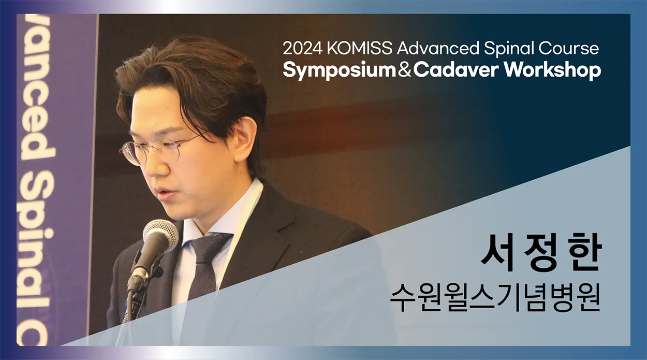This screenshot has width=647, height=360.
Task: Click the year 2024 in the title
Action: (x=302, y=48)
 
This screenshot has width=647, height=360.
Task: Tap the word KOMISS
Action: (x=360, y=48)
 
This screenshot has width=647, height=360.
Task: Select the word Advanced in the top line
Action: (x=438, y=48)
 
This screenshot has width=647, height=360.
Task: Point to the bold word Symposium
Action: (x=340, y=71)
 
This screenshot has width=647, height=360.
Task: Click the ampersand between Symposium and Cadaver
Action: (x=405, y=70)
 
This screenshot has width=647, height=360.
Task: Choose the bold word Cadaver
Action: (x=457, y=70)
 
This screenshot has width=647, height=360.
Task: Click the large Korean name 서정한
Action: (x=541, y=252)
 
